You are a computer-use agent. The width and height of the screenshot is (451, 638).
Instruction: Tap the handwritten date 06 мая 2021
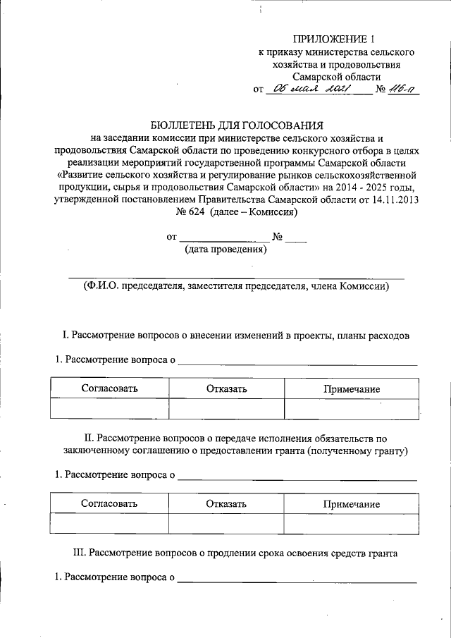[x=311, y=89]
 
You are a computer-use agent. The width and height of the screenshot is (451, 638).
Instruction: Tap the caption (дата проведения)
[x=225, y=249]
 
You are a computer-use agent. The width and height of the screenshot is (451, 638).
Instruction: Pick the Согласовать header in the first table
[x=109, y=388]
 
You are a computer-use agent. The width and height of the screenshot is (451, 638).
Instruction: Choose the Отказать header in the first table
[x=226, y=388]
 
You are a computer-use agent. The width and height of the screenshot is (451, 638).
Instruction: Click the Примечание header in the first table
[x=352, y=389]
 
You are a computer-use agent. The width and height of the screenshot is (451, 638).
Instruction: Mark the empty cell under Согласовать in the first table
[x=109, y=409]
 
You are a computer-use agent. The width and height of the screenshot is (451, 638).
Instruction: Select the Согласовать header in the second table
[x=109, y=504]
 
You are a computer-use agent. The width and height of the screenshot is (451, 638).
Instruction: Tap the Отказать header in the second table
[x=226, y=504]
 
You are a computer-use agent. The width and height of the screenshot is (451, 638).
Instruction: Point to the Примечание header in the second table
[x=352, y=505]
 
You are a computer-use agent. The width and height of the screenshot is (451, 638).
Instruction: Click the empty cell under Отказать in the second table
[x=226, y=524]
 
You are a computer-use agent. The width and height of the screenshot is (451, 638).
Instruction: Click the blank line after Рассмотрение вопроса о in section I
[x=297, y=362]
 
